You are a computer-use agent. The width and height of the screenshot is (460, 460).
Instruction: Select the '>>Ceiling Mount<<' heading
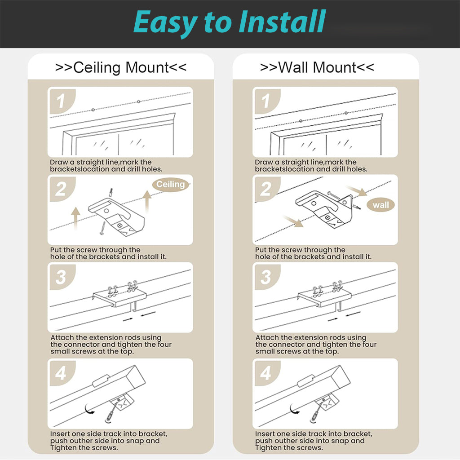click(120, 68)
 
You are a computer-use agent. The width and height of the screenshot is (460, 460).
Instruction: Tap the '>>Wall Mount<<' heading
click(317, 68)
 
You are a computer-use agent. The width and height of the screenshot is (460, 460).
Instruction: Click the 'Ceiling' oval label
click(170, 184)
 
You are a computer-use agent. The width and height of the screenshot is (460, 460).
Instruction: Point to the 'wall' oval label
click(380, 205)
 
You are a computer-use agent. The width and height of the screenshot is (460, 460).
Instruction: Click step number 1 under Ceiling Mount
click(60, 102)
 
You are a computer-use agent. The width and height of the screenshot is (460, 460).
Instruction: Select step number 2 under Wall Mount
click(265, 189)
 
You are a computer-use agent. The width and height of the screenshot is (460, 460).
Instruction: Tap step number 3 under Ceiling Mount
click(61, 277)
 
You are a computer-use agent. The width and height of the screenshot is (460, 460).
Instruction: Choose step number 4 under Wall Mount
click(265, 373)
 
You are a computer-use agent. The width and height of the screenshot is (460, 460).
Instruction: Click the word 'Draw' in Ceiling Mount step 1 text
click(58, 162)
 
